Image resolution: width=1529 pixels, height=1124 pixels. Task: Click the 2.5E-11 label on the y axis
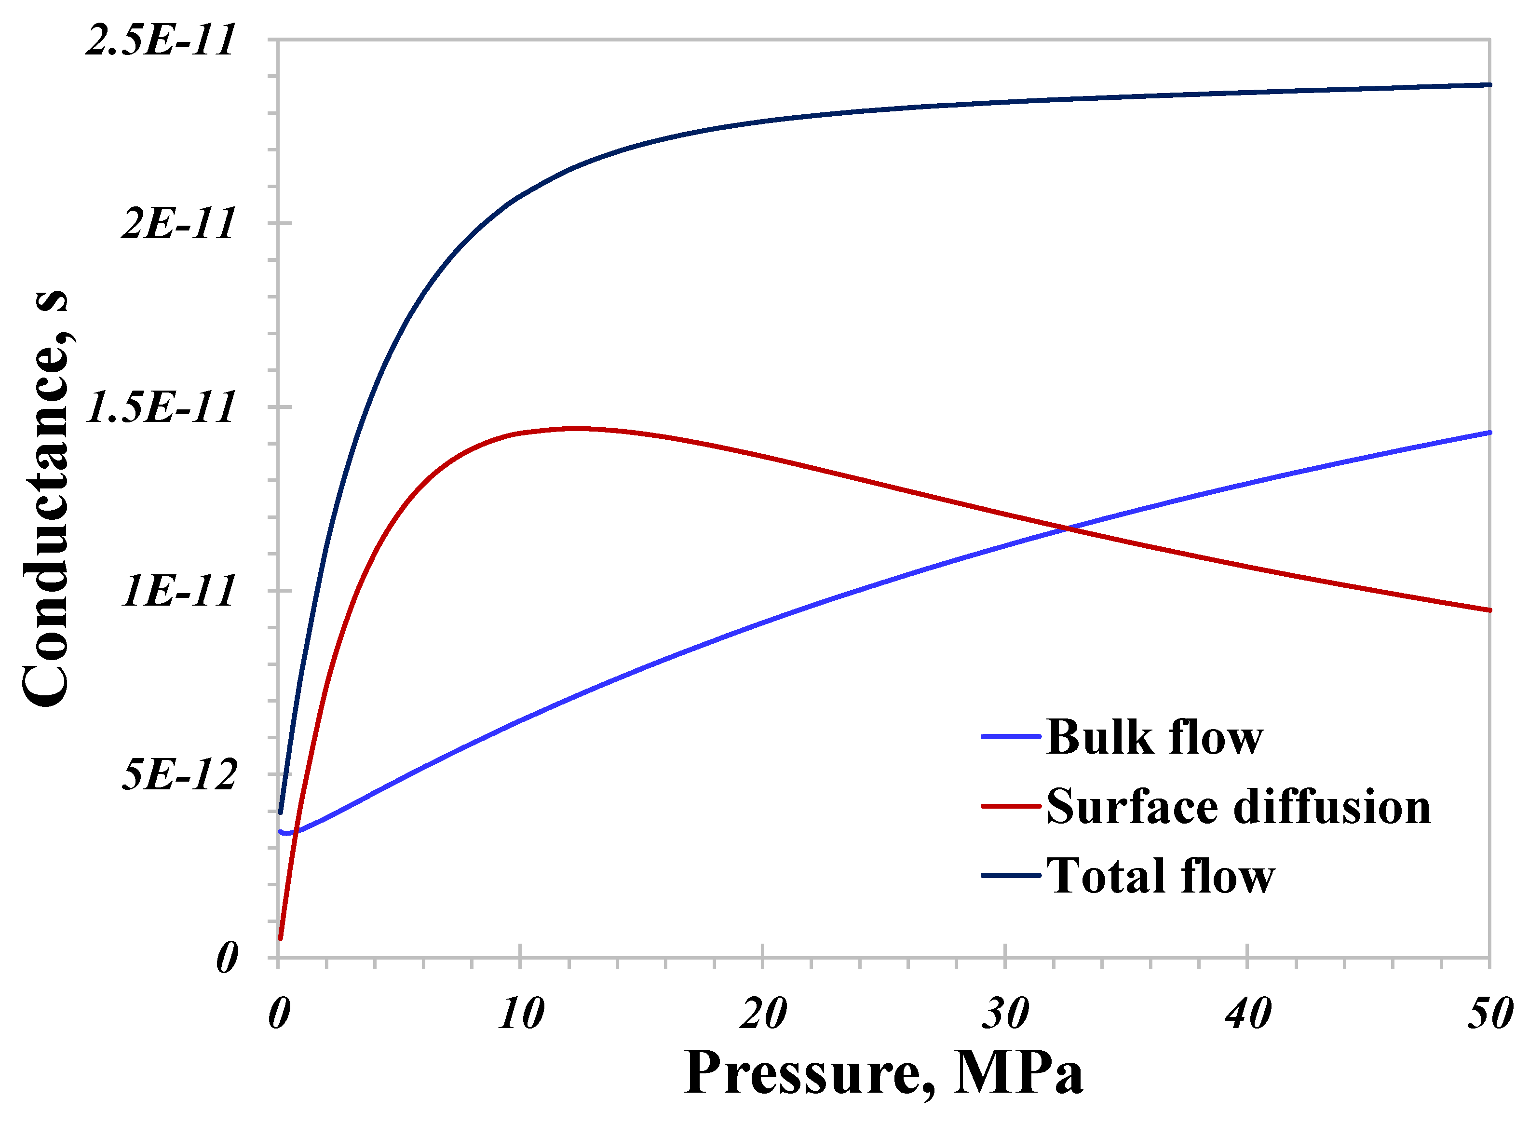click(161, 40)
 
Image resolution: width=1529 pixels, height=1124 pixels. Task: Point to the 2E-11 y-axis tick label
click(178, 224)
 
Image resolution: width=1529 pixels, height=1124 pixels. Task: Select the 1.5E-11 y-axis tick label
click(161, 407)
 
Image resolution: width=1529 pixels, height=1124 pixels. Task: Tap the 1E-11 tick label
click(178, 591)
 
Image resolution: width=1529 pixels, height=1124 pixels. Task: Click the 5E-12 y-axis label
click(178, 774)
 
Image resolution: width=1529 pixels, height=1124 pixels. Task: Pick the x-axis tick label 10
click(521, 1014)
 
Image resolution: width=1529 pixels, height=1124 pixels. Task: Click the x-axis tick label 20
click(763, 1014)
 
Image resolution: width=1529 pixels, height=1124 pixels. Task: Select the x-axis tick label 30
click(1005, 1014)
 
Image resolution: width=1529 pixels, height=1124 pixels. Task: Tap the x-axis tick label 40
click(1247, 1014)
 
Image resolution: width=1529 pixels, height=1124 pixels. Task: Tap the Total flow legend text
click(1160, 876)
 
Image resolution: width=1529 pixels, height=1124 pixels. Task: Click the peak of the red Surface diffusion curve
click(579, 429)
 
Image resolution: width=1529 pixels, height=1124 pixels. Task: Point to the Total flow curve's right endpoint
click(1489, 85)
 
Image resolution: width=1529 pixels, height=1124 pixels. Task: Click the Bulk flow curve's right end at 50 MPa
click(1489, 433)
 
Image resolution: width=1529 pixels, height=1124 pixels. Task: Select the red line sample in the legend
click(1011, 806)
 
